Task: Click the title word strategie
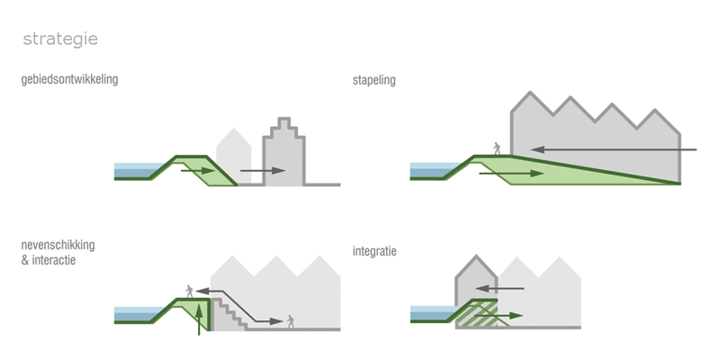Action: point(60,40)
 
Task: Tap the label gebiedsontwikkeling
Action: point(69,79)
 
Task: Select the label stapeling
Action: point(373,80)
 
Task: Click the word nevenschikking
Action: point(58,245)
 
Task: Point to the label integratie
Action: point(374,252)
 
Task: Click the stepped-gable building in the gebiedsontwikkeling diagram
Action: point(283,152)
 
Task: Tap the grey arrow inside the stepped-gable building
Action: point(263,171)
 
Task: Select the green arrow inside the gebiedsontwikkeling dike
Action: point(198,171)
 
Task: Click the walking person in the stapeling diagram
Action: point(497,148)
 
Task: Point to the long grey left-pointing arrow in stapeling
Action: point(614,149)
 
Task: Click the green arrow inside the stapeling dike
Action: point(511,174)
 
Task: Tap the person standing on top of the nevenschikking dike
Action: point(189,291)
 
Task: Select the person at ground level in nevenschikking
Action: point(290,321)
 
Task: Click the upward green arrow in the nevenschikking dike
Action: point(199,319)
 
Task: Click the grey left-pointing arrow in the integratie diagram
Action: point(499,288)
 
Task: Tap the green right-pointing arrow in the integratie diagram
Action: point(499,316)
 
